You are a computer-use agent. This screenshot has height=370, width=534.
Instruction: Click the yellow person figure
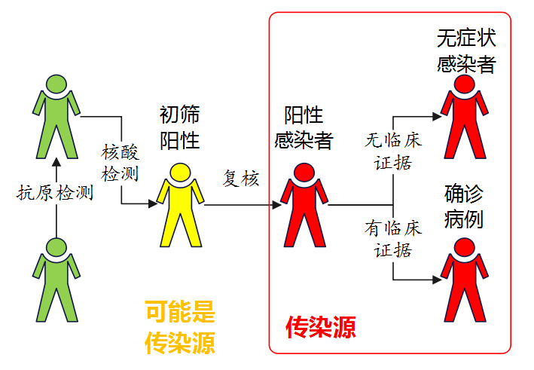(x=182, y=207)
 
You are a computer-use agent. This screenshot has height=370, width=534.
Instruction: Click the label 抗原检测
(x=54, y=193)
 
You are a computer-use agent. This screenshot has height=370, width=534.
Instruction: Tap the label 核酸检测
(x=121, y=163)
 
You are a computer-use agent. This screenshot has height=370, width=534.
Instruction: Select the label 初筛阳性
(x=180, y=127)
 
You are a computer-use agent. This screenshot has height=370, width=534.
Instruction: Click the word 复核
(x=241, y=179)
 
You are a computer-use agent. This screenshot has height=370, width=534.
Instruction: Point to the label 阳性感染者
(x=304, y=127)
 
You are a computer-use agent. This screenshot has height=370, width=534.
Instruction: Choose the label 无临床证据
(x=393, y=151)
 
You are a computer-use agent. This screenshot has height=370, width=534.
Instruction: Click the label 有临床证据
(x=393, y=238)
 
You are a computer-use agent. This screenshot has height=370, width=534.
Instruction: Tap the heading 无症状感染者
(x=466, y=51)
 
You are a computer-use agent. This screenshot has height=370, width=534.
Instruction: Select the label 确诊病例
(x=464, y=208)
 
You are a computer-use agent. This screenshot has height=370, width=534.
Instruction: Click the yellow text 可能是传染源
(x=180, y=327)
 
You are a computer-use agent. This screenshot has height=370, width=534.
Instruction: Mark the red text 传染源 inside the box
(x=320, y=326)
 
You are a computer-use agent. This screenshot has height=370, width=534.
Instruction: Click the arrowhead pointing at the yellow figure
(x=153, y=203)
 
